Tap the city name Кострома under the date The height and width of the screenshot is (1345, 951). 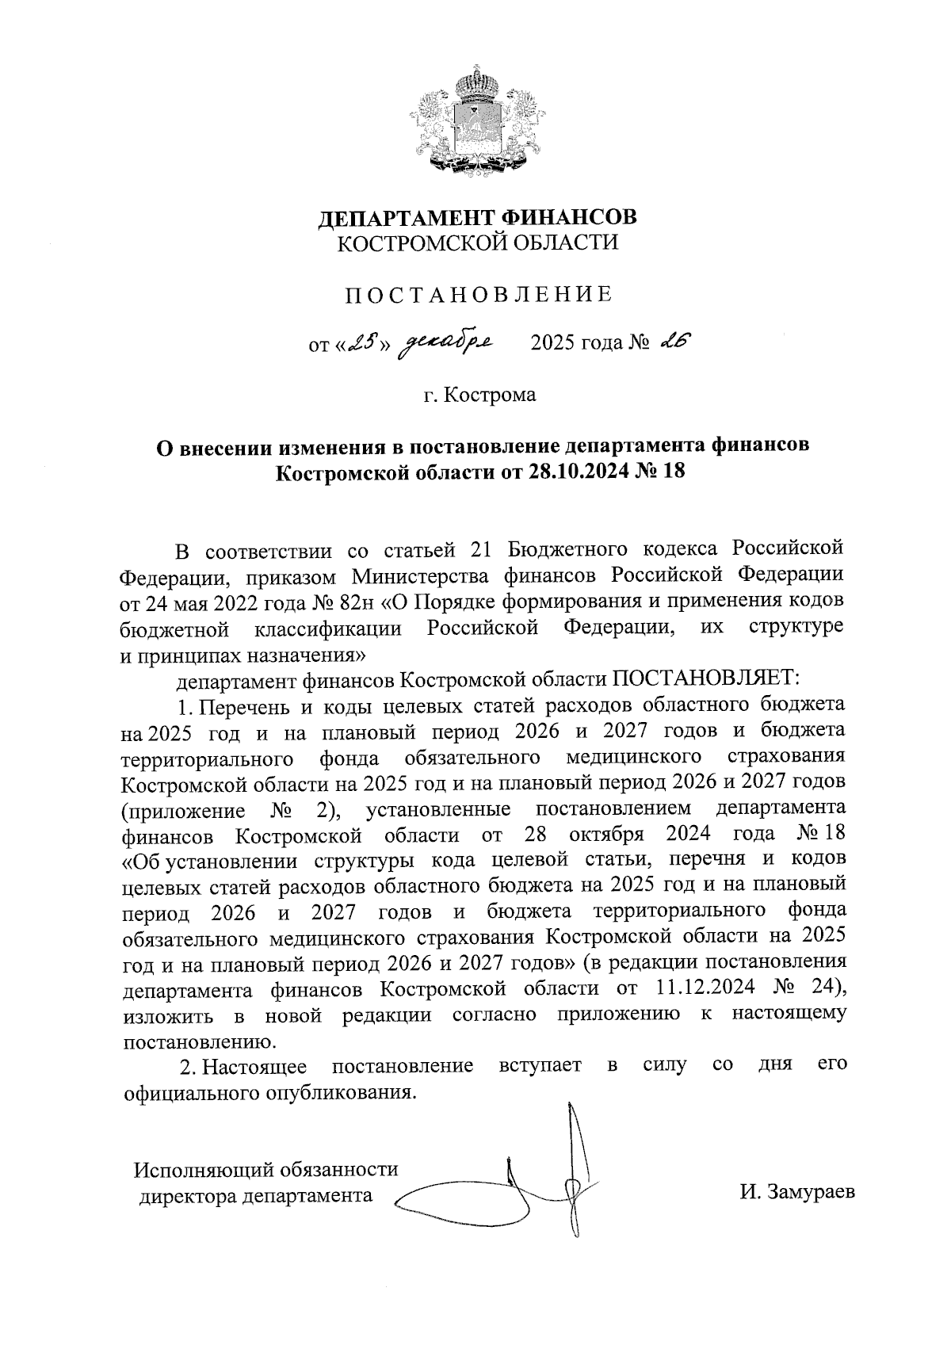click(489, 394)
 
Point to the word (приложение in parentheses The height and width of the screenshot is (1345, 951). click(183, 811)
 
